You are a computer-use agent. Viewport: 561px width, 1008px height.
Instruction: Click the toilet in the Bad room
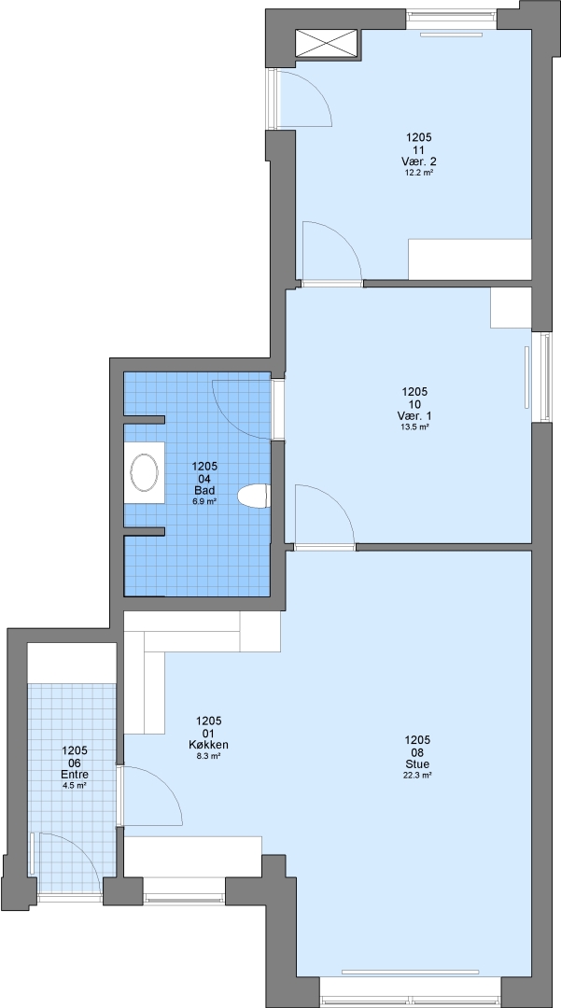(254, 497)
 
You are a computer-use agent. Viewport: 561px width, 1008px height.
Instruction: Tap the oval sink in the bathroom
(144, 472)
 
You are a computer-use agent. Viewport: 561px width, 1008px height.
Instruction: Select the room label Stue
(417, 764)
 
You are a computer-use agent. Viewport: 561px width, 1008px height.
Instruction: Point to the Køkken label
(209, 745)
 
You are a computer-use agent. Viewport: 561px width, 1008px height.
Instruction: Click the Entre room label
(75, 774)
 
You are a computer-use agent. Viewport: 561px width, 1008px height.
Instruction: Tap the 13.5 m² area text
(414, 427)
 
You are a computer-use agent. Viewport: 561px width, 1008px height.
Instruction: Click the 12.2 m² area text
(418, 172)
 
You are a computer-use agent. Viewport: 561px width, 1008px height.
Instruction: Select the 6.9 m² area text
(204, 501)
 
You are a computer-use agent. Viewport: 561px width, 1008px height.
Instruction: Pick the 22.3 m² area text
(417, 776)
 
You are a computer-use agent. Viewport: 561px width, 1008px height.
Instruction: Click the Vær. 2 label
(418, 161)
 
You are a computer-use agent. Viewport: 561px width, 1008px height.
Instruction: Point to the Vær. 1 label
(414, 415)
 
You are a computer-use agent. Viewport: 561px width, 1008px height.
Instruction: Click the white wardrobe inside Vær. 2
(470, 259)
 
